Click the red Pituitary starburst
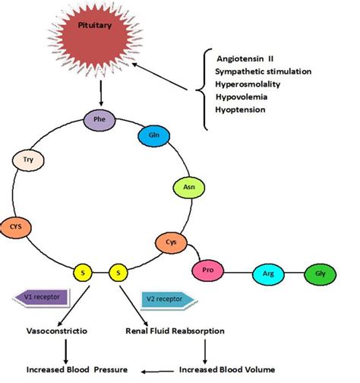(x=96, y=40)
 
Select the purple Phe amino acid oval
(x=99, y=120)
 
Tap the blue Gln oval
(x=154, y=136)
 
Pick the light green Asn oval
(x=189, y=188)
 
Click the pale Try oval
(x=28, y=160)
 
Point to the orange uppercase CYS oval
(x=16, y=227)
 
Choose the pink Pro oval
(x=208, y=271)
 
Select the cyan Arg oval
(x=268, y=274)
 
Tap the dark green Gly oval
(x=320, y=274)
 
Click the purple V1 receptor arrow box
(x=42, y=298)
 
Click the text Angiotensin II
(x=245, y=59)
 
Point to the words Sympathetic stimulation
(x=264, y=71)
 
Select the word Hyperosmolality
(x=248, y=84)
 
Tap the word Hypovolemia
(x=242, y=97)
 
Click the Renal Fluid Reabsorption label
(x=175, y=331)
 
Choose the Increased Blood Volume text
(x=227, y=369)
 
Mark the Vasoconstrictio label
(x=57, y=331)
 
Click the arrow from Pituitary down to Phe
(x=101, y=93)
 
